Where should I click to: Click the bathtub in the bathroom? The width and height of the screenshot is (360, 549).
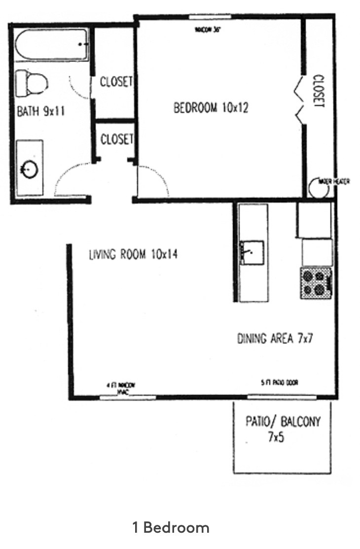51,45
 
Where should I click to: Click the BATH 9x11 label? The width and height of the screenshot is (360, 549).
41,110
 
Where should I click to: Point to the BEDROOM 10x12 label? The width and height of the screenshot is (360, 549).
210,107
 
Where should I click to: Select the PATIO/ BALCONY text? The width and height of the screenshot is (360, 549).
283,422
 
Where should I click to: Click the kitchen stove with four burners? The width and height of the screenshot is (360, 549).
316,283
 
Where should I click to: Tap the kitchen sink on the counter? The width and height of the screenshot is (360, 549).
252,253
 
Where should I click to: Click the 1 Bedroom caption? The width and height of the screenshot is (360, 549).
171,528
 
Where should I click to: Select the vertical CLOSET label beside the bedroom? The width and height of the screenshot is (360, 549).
319,91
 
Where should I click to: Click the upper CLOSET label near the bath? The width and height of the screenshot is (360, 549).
116,81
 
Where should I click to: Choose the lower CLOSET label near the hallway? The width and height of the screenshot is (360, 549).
116,139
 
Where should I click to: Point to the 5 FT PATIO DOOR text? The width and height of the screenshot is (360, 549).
280,382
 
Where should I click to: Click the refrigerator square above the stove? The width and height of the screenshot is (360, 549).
316,252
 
